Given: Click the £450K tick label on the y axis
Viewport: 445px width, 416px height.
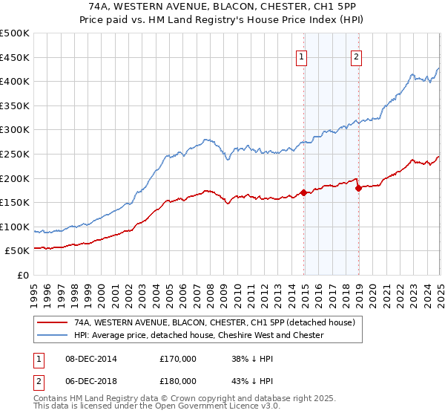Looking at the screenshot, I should click(x=15, y=57).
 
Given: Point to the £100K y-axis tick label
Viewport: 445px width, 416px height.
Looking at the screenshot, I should click(x=15, y=227).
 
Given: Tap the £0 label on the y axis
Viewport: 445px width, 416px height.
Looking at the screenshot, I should click(x=22, y=276).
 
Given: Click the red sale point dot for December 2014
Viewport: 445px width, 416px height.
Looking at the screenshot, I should click(x=304, y=193).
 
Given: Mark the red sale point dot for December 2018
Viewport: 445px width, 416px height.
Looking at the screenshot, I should click(x=358, y=188).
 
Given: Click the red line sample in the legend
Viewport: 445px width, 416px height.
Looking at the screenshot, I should click(x=53, y=323).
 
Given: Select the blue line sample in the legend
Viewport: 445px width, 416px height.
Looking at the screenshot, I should click(x=53, y=335).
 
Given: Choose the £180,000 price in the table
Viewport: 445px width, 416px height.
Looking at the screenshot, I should click(x=177, y=381).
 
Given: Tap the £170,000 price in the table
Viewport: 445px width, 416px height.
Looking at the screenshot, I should click(x=177, y=359).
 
